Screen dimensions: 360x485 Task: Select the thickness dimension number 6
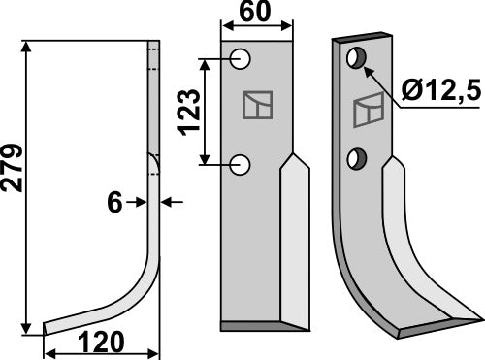(x=115, y=202)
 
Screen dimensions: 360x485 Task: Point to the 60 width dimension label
(x=256, y=15)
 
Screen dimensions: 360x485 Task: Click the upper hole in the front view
(x=241, y=61)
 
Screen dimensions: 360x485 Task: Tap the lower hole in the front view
(x=241, y=166)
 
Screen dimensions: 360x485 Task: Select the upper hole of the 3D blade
(x=358, y=60)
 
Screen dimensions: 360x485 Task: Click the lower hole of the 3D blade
(x=359, y=156)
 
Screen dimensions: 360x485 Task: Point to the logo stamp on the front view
(x=257, y=105)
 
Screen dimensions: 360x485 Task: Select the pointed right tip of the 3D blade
(x=479, y=314)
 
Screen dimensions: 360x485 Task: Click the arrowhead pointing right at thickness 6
(x=140, y=202)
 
